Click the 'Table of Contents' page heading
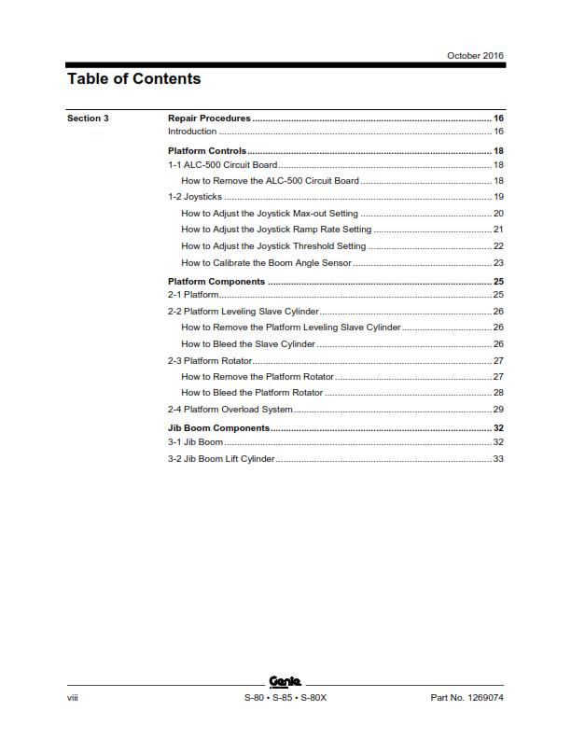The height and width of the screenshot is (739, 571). (133, 79)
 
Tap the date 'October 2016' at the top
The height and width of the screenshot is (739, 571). (476, 56)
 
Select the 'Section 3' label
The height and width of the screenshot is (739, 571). (88, 119)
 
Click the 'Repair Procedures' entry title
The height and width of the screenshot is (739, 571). (209, 119)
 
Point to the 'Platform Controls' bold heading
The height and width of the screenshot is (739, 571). (207, 151)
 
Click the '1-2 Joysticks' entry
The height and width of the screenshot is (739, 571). (195, 197)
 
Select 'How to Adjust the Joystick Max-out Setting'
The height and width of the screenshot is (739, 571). (269, 214)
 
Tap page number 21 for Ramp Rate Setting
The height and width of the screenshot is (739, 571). (498, 230)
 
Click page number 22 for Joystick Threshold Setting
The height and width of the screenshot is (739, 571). (498, 246)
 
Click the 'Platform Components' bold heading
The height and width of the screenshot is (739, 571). (216, 282)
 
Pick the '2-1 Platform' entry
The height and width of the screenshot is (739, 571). (193, 295)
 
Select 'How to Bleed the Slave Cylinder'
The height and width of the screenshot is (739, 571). (248, 344)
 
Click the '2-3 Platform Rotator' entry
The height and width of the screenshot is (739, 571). (210, 360)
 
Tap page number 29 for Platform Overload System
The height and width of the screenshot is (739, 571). (498, 410)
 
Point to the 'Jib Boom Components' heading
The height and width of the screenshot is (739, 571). (218, 428)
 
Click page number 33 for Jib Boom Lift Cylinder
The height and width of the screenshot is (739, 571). (498, 459)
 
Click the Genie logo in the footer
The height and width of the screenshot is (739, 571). (285, 681)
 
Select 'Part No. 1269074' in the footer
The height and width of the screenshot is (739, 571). (467, 698)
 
